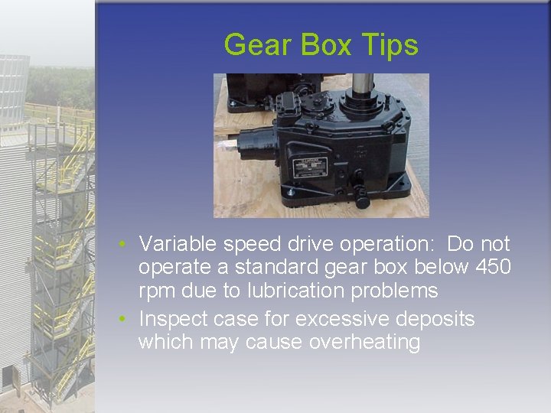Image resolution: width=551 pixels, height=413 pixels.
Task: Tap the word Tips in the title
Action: coord(392,46)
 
